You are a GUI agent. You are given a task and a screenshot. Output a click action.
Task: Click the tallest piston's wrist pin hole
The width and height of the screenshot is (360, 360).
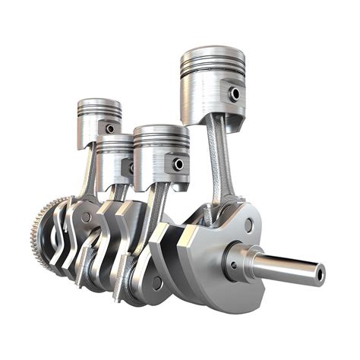pyautogui.click(x=235, y=93)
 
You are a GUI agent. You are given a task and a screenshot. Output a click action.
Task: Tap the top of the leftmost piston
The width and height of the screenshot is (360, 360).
pyautogui.click(x=99, y=103)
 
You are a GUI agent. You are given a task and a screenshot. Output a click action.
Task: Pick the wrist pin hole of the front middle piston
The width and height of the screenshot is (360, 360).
pyautogui.click(x=178, y=163)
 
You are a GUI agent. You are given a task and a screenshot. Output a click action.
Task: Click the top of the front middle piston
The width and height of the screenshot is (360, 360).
pyautogui.click(x=160, y=131)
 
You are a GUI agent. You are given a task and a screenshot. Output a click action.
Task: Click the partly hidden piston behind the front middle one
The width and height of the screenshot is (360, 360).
pyautogui.click(x=114, y=156)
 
